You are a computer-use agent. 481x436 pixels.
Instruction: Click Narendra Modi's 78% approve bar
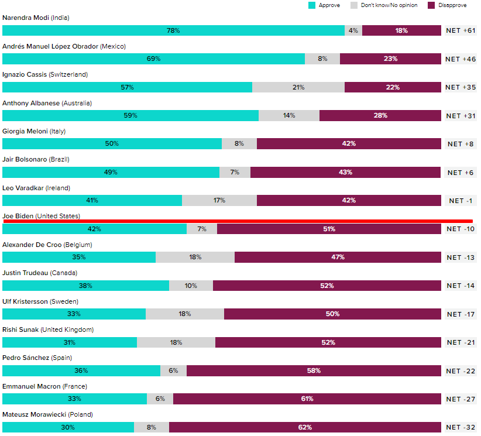[173, 30]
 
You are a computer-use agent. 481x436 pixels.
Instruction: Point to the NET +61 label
[461, 30]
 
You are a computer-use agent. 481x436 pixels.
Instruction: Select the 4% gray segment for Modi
[353, 30]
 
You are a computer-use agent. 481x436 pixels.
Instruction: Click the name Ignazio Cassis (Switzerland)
[45, 74]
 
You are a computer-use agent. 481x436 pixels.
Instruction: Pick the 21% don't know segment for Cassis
[298, 87]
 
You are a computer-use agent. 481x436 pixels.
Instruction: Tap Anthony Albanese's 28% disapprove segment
[380, 115]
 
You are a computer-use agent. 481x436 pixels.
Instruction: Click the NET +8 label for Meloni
[461, 144]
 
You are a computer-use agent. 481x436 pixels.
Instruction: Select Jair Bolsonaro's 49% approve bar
[111, 172]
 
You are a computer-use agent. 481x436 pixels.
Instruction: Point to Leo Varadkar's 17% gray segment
[219, 200]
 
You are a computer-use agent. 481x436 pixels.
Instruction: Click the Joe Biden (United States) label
[41, 216]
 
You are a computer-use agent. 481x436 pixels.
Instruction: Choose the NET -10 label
[461, 229]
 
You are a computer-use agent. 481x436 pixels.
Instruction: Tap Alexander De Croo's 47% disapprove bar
[338, 257]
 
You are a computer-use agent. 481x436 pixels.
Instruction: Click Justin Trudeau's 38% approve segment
[85, 286]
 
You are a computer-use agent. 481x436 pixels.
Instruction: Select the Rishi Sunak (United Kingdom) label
[48, 329]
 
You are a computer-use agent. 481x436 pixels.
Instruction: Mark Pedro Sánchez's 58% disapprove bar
[314, 370]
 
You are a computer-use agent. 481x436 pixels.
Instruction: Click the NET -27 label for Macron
[461, 399]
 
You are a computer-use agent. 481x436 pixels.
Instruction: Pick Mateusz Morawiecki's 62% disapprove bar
[305, 427]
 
